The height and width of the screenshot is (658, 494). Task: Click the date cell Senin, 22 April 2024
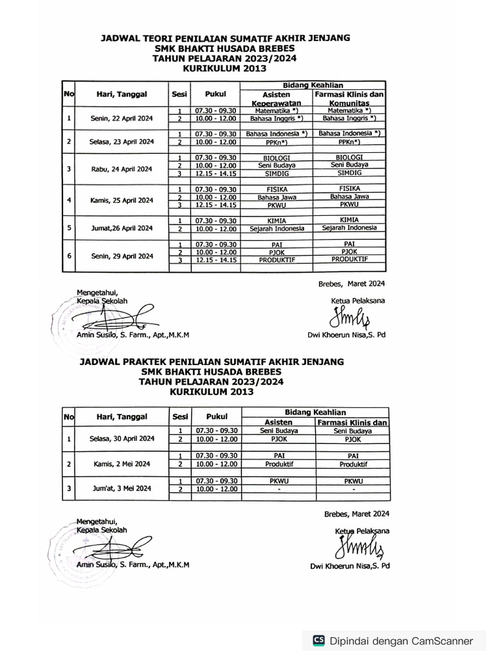(122, 118)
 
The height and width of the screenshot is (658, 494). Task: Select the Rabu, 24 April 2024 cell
(122, 170)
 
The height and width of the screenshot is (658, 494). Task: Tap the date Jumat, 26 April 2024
(122, 227)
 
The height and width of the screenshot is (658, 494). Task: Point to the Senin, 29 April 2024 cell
(122, 256)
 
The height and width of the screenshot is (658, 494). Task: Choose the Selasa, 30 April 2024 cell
(122, 438)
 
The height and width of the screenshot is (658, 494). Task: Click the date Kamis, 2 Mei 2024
(122, 463)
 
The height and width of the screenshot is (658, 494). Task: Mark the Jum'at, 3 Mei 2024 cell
(122, 488)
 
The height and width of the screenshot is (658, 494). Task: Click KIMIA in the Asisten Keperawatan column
(276, 220)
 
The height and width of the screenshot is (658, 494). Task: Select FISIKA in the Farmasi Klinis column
(349, 188)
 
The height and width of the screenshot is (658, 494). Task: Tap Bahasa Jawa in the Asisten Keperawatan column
(276, 197)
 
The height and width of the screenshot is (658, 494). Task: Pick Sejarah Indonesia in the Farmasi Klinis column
(349, 227)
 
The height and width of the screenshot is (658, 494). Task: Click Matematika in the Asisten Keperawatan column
(276, 111)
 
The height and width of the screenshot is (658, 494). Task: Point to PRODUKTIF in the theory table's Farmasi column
(349, 259)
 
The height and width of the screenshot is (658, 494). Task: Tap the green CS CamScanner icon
(318, 640)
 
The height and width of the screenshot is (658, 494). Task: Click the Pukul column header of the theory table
(215, 94)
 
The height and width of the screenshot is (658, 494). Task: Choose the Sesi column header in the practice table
(180, 416)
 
